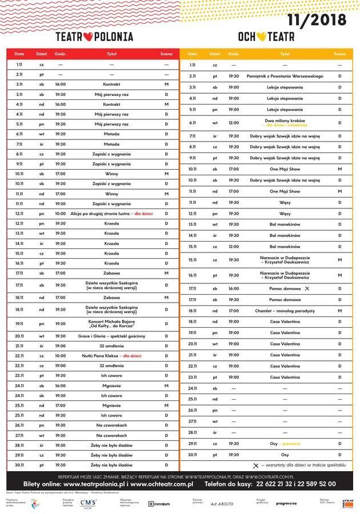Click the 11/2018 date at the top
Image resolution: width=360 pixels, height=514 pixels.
(317, 20)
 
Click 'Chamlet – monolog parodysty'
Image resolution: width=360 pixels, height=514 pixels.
(285, 311)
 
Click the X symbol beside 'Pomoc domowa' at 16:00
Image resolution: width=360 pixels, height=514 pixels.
(307, 289)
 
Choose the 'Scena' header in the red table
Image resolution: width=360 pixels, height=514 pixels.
(166, 54)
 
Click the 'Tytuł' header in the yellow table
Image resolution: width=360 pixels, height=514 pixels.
(285, 54)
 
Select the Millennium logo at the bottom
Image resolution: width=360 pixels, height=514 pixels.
(159, 503)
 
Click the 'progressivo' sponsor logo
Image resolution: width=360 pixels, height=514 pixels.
(286, 503)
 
